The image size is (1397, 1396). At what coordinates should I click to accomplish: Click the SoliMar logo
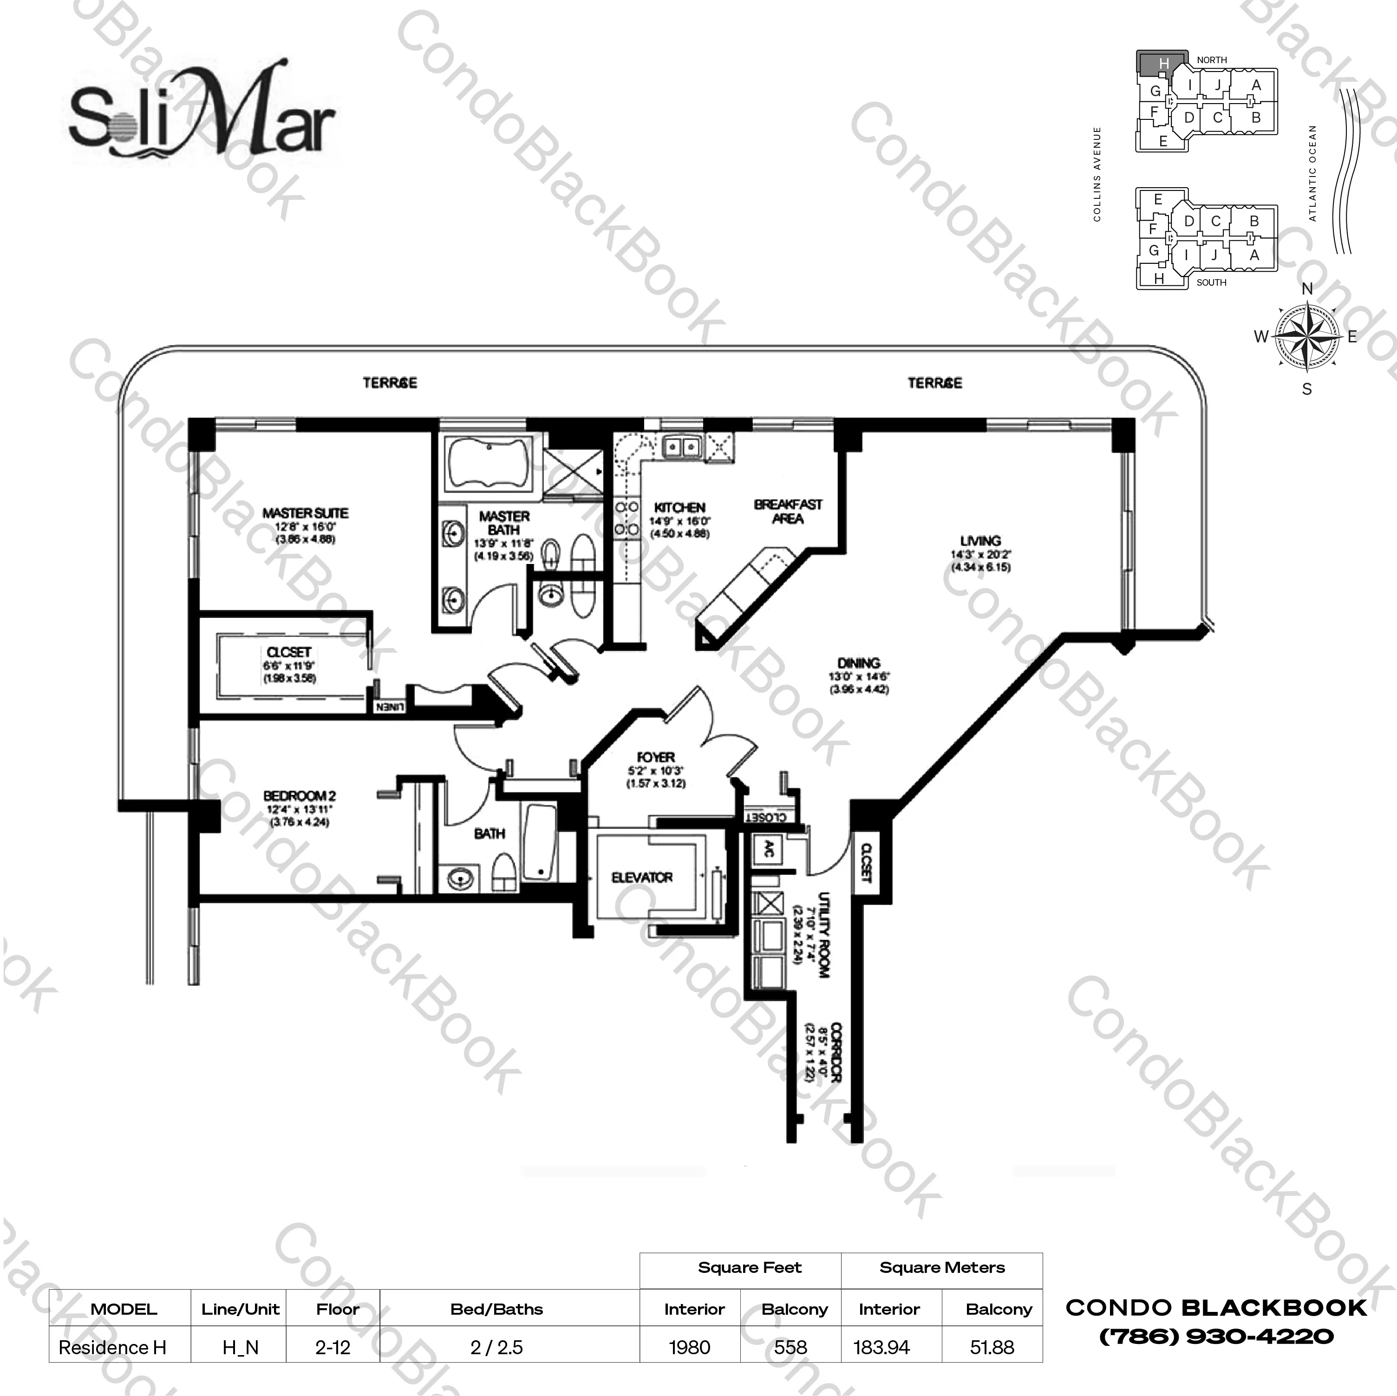[x=202, y=116]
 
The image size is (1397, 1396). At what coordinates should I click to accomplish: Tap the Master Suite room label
[x=305, y=513]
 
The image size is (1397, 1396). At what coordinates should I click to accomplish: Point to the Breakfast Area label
[x=788, y=511]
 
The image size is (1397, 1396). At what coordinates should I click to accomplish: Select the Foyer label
[x=656, y=757]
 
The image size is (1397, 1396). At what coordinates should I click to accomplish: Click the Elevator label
[x=642, y=878]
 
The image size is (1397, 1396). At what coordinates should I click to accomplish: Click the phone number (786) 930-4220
[x=1216, y=1336]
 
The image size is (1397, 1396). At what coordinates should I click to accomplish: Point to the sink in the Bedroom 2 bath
[x=460, y=879]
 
